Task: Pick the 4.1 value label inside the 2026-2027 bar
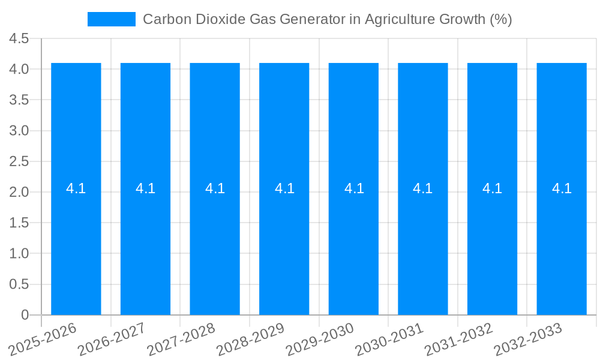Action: pyautogui.click(x=145, y=188)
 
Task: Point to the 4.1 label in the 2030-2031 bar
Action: pyautogui.click(x=423, y=188)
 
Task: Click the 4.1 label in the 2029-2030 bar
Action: pyautogui.click(x=354, y=188)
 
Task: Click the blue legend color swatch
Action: pyautogui.click(x=112, y=19)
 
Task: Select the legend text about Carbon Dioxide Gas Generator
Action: pyautogui.click(x=327, y=19)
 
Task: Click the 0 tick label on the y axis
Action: pyautogui.click(x=25, y=315)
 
